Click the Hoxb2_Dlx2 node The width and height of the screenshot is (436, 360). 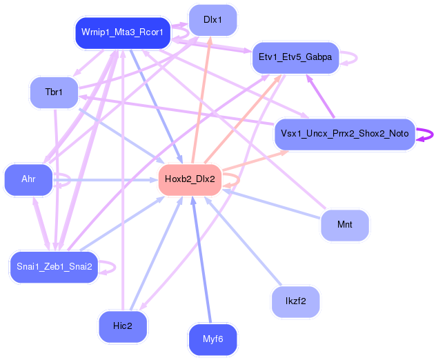point(190,179)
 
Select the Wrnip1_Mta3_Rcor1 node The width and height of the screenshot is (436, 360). point(122,33)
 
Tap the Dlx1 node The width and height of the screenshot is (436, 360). point(212,20)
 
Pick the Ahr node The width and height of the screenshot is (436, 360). point(28,179)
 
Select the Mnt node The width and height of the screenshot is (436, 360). point(344,225)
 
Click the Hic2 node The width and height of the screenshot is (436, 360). point(122,326)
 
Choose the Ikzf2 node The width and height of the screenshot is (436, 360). point(295,301)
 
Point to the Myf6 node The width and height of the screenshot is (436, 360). point(212,339)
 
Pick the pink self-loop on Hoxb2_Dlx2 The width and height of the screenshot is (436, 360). point(238,179)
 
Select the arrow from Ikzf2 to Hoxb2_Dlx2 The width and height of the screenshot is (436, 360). point(244,241)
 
